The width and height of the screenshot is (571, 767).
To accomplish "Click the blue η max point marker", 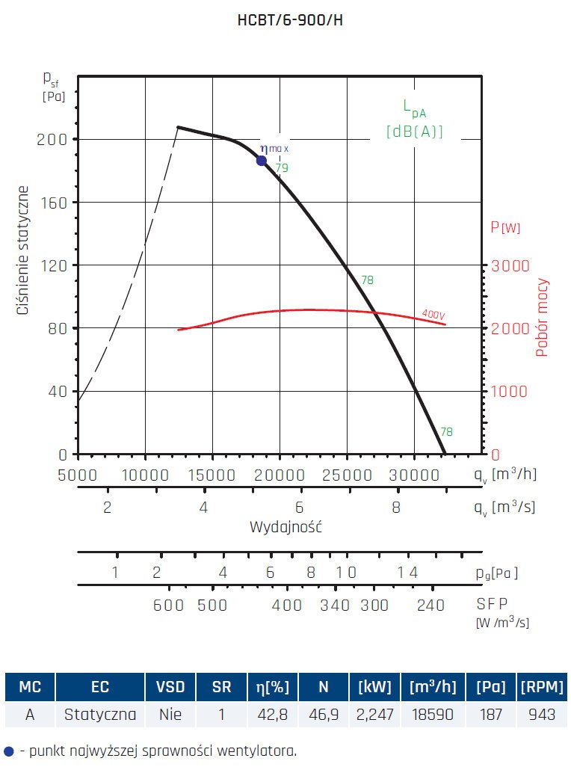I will (262, 160).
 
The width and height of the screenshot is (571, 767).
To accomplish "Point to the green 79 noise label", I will (282, 168).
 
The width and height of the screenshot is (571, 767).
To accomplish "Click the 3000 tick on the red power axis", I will (510, 265).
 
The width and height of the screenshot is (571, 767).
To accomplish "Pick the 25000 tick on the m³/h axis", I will (347, 474).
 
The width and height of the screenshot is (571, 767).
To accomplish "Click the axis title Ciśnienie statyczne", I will (24, 250).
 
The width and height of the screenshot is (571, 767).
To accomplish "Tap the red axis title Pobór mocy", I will (543, 318).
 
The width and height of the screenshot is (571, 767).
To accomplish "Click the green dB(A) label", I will (415, 131).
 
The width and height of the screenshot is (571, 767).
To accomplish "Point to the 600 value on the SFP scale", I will (168, 605).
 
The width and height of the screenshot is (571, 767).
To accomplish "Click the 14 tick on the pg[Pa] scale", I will (407, 573).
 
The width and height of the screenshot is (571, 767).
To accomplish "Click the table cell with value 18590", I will (433, 714).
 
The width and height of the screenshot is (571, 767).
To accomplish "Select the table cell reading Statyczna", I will (100, 714).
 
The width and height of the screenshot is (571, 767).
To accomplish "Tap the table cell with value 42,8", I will (273, 714).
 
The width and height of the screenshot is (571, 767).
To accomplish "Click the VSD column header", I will (171, 687).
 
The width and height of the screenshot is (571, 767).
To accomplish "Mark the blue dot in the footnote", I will (8, 750).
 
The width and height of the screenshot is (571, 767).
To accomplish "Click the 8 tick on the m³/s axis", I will (396, 508).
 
